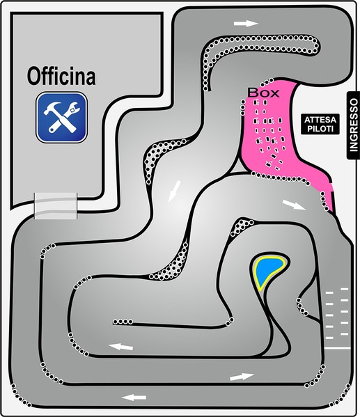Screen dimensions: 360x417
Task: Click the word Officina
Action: point(61,77)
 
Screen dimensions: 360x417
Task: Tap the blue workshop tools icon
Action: point(62,117)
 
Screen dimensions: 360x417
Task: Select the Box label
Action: point(263,93)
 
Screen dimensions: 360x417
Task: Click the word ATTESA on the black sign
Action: point(320,120)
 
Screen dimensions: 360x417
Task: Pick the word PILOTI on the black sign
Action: point(320,129)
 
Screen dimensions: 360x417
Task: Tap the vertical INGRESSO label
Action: point(354,125)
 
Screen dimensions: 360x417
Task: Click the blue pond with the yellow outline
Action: point(268,272)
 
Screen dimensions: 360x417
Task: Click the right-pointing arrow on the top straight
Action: point(246,24)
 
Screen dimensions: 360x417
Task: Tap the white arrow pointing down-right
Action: point(294,205)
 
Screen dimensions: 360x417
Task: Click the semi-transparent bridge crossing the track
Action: point(56,206)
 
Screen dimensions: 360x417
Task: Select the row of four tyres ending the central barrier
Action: point(123,322)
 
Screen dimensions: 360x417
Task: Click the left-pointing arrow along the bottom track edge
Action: point(134,398)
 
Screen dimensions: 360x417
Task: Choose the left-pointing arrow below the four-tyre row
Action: point(120,347)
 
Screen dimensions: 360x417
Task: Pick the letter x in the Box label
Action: point(275,94)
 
